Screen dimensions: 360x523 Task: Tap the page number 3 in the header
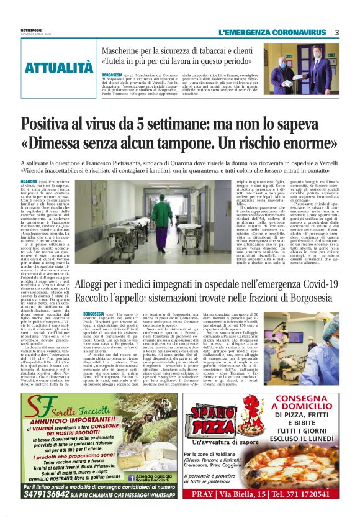pyautogui.click(x=336, y=32)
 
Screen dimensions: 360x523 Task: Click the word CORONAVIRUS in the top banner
pyautogui.click(x=295, y=32)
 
